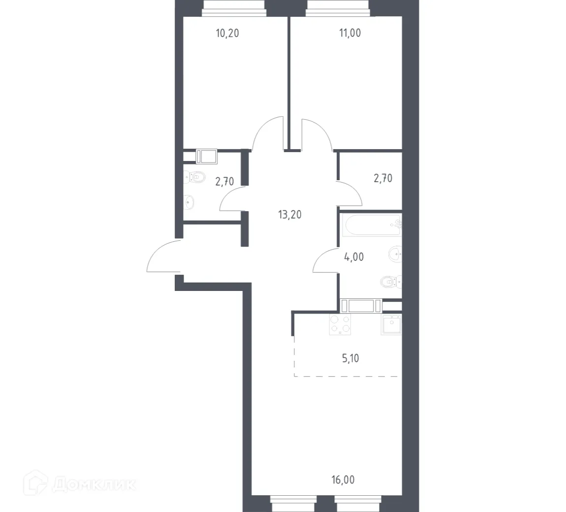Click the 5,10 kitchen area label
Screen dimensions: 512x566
[350, 358]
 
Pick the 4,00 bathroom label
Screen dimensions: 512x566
[353, 256]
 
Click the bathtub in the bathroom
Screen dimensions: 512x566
[373, 225]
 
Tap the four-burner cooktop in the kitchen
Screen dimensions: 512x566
[340, 324]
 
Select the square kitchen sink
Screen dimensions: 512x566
[391, 324]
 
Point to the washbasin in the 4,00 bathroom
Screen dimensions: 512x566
[395, 254]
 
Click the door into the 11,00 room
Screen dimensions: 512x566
[317, 134]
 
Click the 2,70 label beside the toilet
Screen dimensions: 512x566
[225, 182]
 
